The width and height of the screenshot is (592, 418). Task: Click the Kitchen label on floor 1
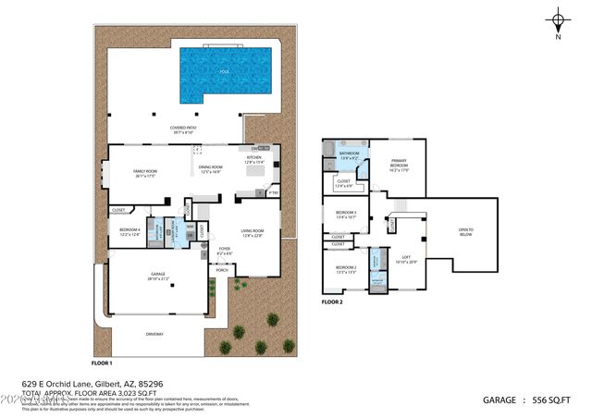pyautogui.click(x=253, y=161)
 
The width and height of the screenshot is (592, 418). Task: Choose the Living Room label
pyautogui.click(x=253, y=233)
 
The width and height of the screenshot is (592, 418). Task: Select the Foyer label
pyautogui.click(x=225, y=251)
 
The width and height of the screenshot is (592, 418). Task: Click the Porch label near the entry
pyautogui.click(x=222, y=270)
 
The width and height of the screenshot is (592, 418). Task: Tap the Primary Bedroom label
pyautogui.click(x=399, y=165)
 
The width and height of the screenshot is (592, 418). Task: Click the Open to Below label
pyautogui.click(x=465, y=230)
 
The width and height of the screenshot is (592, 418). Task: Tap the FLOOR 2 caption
pyautogui.click(x=332, y=302)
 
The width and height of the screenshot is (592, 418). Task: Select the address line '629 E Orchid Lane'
pyautogui.click(x=93, y=381)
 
